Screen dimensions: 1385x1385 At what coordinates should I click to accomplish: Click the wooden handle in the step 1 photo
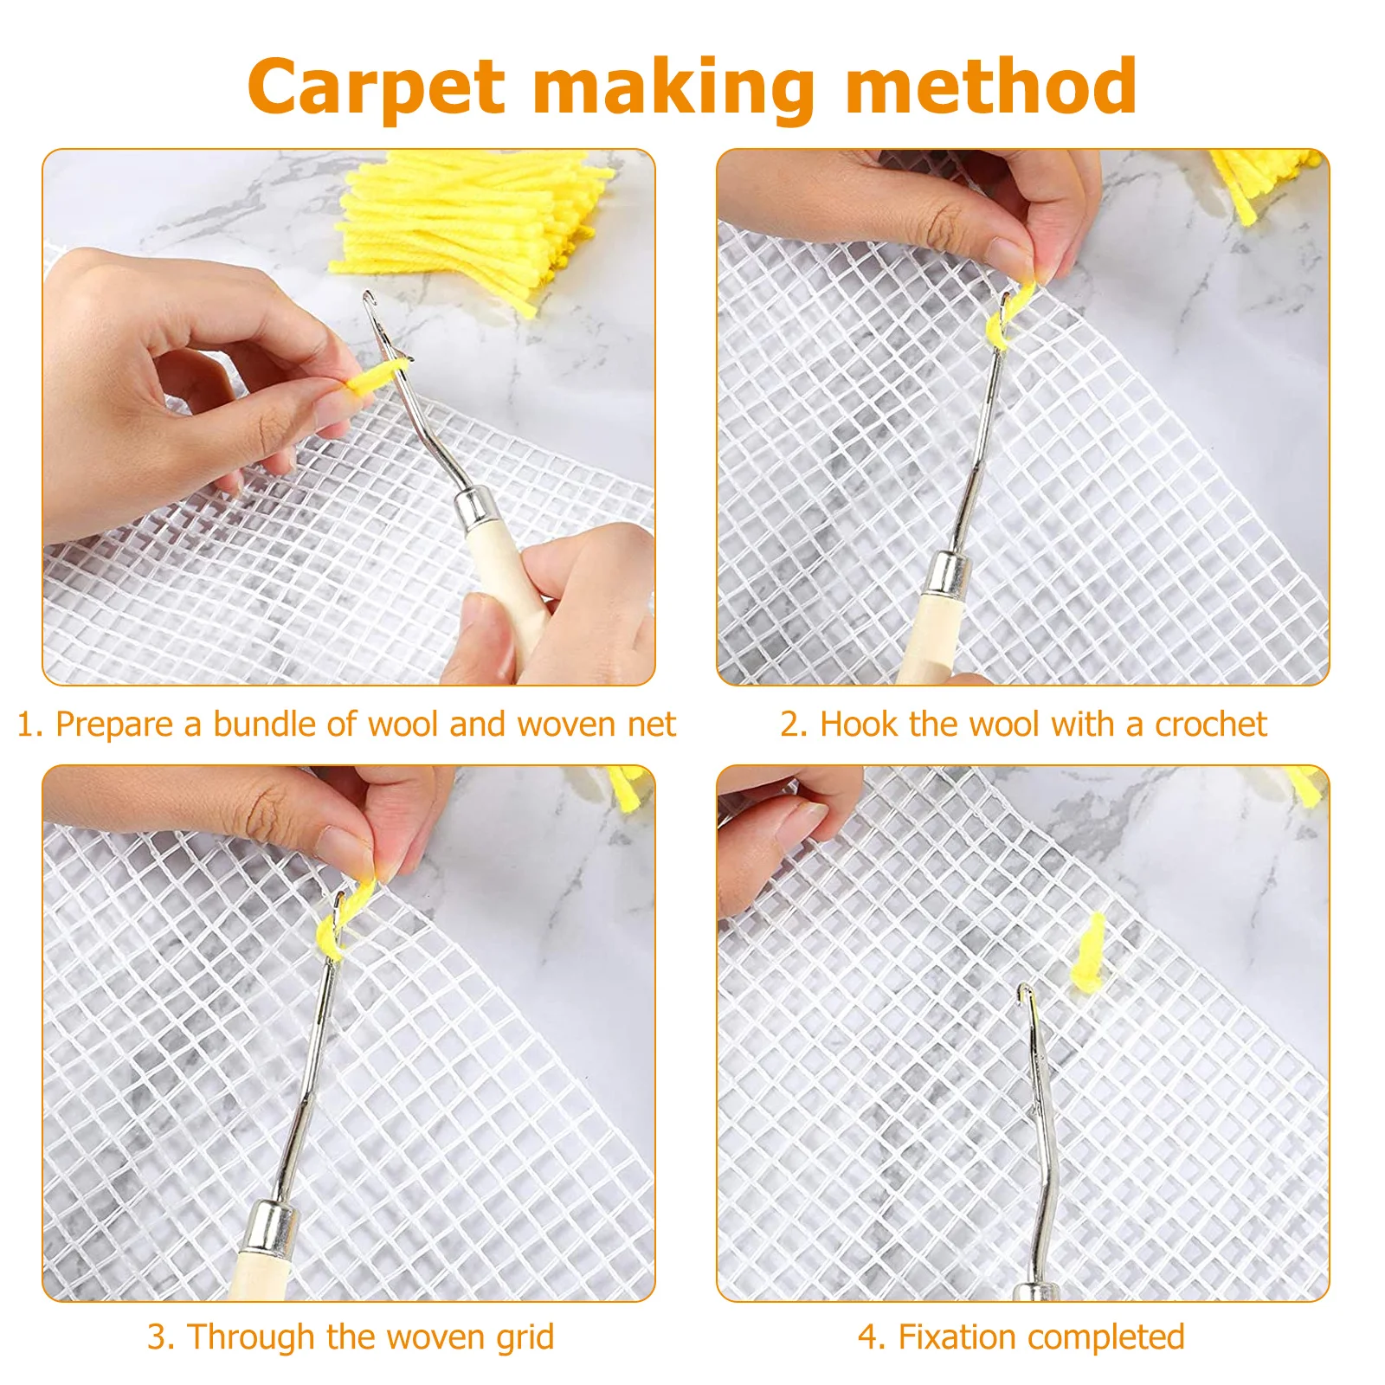point(511,589)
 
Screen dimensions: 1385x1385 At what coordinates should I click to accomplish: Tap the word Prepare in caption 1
point(114,725)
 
